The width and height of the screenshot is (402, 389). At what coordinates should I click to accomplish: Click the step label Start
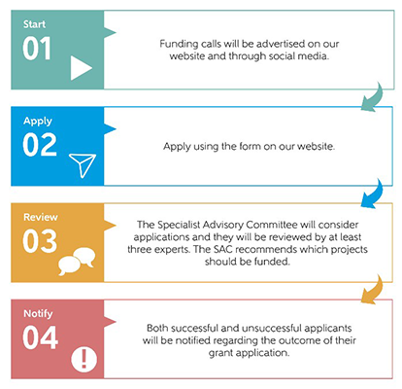tap(34, 24)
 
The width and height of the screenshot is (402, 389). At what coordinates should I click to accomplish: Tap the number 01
tap(37, 49)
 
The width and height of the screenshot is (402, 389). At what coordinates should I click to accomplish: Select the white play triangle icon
tap(81, 68)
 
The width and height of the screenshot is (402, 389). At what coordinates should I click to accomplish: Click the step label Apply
tap(38, 122)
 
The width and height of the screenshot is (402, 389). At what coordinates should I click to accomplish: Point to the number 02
tap(40, 145)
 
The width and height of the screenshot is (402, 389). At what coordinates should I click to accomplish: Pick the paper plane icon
tap(83, 165)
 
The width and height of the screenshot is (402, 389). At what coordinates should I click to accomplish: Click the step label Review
tap(41, 217)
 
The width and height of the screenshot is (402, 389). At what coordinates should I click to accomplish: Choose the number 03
tap(40, 241)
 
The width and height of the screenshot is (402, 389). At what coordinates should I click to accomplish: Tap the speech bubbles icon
tap(77, 262)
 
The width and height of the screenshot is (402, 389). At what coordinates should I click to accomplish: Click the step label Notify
tap(38, 314)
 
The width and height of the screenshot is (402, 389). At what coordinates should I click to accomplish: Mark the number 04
tap(41, 337)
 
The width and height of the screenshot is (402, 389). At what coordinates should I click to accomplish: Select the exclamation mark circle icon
tap(84, 359)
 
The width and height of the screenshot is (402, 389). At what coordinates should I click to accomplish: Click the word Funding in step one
tap(178, 45)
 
